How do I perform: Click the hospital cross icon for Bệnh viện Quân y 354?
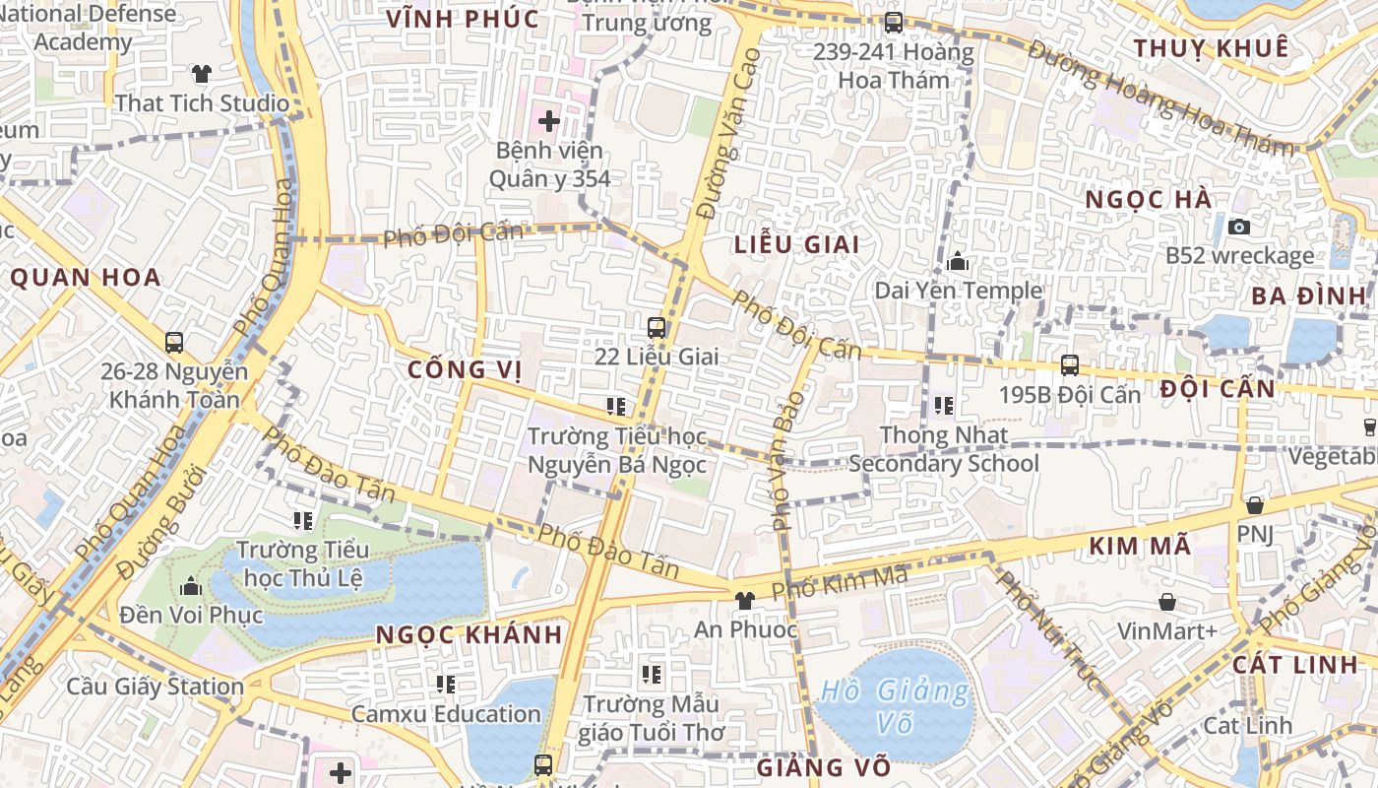[549, 121]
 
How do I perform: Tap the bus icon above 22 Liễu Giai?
[657, 328]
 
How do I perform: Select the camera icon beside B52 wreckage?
[1240, 227]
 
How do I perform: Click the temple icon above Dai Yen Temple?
[958, 262]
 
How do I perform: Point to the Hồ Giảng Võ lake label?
[894, 706]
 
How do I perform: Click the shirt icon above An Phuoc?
[744, 600]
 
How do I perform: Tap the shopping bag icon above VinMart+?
[1167, 601]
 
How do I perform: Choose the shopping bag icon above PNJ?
[1255, 505]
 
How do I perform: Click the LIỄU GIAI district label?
[797, 244]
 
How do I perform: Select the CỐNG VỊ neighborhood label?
[465, 370]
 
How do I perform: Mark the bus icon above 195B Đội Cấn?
[1070, 365]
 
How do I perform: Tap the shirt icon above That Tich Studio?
[202, 74]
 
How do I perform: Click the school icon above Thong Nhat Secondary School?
[943, 405]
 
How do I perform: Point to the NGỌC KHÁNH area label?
[470, 634]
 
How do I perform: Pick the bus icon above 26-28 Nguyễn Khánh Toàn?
[174, 343]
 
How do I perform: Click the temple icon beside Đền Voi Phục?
[191, 588]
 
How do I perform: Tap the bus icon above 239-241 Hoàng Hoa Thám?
[893, 22]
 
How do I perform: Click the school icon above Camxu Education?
[446, 684]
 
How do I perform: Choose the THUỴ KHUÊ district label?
[1210, 48]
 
